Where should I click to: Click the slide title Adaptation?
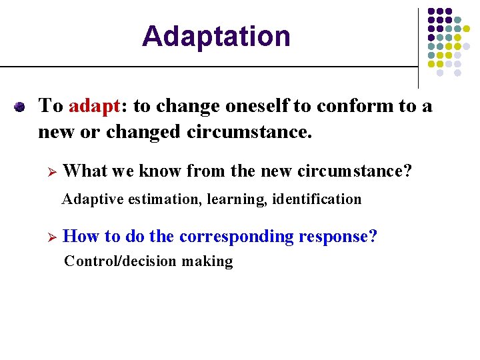point(216,36)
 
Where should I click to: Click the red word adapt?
point(93,106)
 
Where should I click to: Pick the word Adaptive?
point(89,199)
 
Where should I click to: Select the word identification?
point(317,199)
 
